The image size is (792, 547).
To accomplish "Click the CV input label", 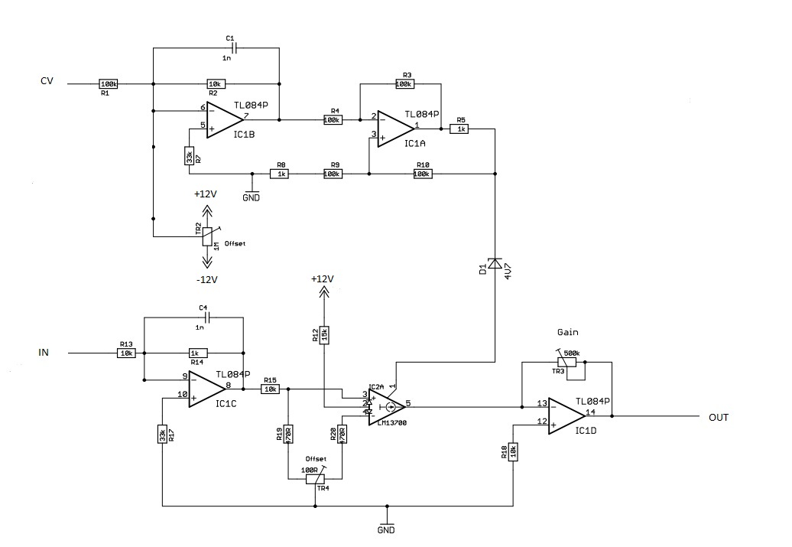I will pos(47,82).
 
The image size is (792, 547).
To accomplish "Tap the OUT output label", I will pos(718,417).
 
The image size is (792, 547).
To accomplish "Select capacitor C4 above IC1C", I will pos(204,317).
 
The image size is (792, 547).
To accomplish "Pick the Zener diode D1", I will pos(495,263).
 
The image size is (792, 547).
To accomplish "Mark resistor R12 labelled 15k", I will pos(324,334).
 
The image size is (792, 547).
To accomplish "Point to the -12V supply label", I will pos(206,280).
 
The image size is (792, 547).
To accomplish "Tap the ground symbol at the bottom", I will pos(387,522).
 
